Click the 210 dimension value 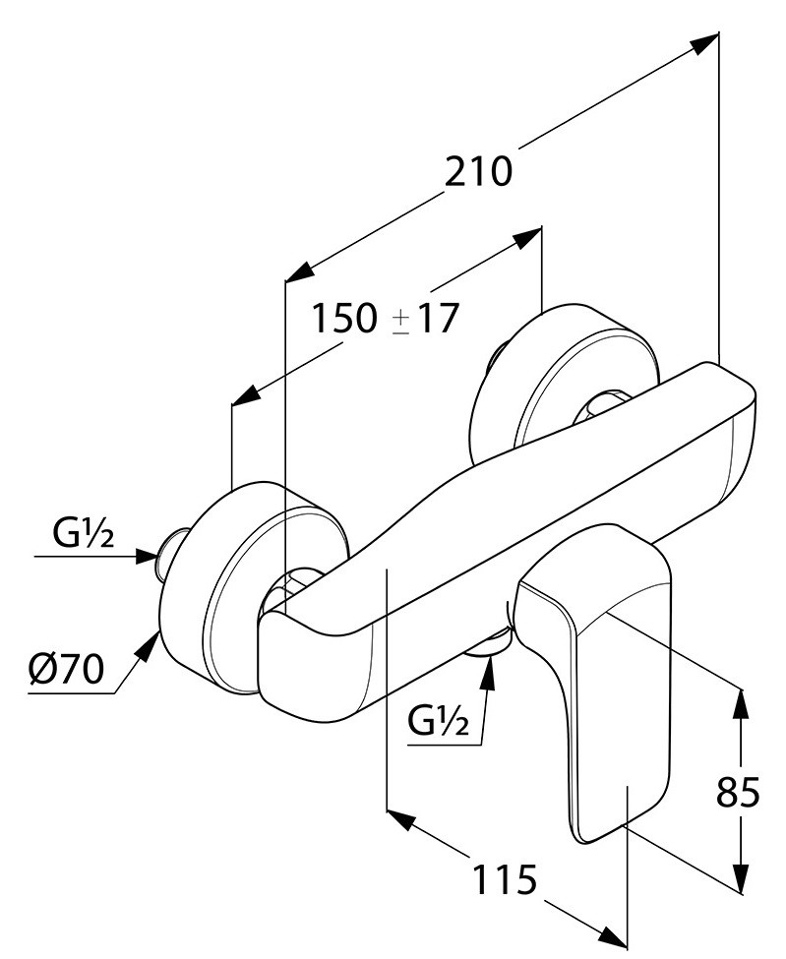479,172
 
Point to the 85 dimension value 738,791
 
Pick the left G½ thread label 84,535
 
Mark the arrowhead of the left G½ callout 148,557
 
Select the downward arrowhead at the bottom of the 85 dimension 739,879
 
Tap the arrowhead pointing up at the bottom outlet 487,669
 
